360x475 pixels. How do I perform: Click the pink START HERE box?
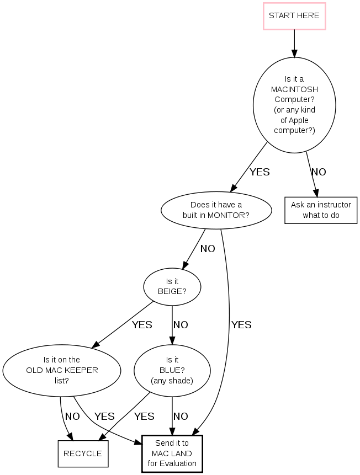pos(294,15)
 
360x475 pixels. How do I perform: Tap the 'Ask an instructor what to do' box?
pos(321,210)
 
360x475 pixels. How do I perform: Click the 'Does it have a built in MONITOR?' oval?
pos(216,210)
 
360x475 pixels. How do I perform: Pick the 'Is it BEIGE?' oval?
pos(172,286)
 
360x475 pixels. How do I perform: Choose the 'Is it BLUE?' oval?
pos(172,370)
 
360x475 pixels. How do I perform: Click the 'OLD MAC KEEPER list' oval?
pos(62,370)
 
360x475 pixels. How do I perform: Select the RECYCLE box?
pos(83,453)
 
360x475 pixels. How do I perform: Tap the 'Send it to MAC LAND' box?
pos(172,453)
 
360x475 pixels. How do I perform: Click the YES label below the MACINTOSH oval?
pos(260,172)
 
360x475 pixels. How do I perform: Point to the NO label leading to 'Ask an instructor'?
pos(319,172)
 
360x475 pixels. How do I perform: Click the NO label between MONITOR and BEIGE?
pos(208,249)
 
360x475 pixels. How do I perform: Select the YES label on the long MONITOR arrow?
pos(241,325)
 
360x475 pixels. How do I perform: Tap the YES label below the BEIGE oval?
pos(142,325)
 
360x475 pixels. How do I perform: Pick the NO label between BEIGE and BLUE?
pos(181,325)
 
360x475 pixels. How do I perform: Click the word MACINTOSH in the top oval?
pos(294,89)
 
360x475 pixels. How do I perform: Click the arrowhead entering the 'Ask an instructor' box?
pos(316,193)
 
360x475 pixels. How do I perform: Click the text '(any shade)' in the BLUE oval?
pos(172,381)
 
